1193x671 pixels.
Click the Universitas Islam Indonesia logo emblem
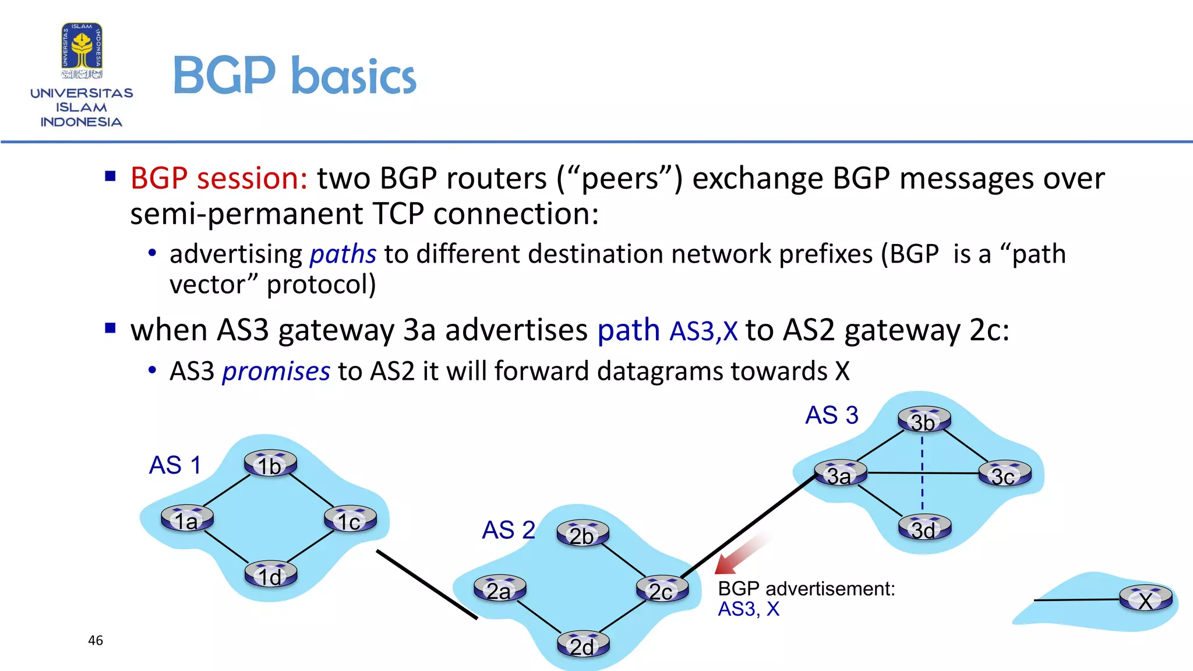82,50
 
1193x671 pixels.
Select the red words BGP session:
218,178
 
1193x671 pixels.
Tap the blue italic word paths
343,255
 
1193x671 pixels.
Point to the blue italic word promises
276,372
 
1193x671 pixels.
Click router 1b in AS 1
270,464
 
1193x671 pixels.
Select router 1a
187,519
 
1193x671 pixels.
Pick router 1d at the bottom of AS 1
270,575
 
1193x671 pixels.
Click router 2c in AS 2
662,589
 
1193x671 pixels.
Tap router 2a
499,589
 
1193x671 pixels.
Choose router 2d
583,645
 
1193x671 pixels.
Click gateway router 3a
840,474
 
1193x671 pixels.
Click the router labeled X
1146,599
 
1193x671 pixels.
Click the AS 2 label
508,530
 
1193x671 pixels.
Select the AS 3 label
831,415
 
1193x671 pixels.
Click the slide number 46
96,641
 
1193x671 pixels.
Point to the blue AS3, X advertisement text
748,609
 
